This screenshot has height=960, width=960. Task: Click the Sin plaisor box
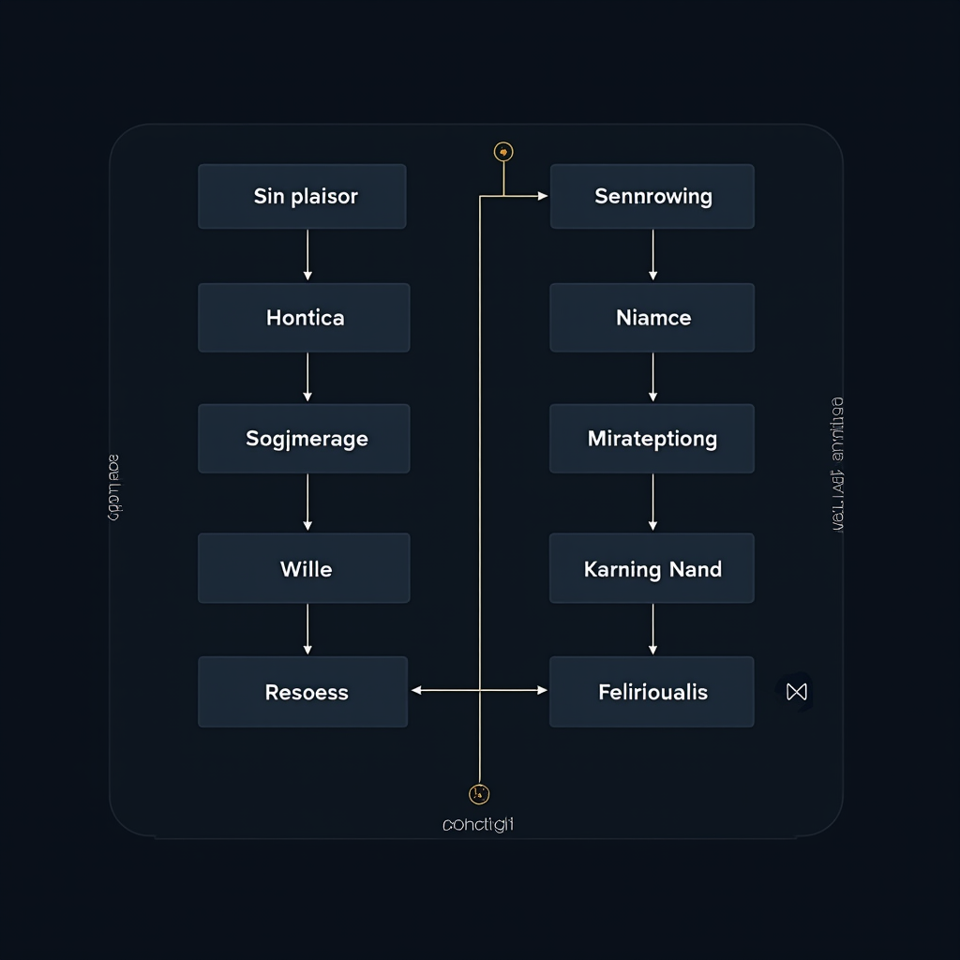tap(302, 197)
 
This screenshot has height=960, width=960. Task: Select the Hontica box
tap(304, 318)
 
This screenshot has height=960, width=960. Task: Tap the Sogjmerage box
tap(304, 439)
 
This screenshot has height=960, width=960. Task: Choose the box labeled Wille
tap(304, 568)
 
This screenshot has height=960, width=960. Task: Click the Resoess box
tap(303, 692)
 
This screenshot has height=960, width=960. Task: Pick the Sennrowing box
tap(652, 197)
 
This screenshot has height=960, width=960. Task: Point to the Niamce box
tap(652, 318)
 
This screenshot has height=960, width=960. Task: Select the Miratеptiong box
tap(652, 439)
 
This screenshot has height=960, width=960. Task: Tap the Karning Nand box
tap(652, 568)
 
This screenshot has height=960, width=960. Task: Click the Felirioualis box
tap(652, 692)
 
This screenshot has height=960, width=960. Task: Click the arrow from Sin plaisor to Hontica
tap(307, 255)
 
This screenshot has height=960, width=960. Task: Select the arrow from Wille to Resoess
tap(307, 629)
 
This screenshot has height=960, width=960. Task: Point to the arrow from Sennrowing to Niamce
tap(652, 255)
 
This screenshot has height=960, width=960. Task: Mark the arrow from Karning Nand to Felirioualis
tap(652, 629)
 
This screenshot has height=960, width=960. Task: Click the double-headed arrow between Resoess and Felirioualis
tap(479, 690)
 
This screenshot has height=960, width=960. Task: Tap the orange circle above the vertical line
tap(503, 152)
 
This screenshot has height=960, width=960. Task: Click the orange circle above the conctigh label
tap(478, 794)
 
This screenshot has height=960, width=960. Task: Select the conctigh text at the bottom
tap(478, 825)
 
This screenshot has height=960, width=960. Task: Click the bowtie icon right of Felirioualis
tap(797, 692)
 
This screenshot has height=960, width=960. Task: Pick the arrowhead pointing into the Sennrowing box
tap(542, 196)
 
